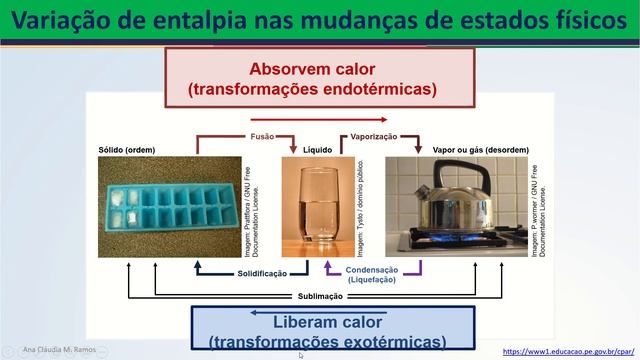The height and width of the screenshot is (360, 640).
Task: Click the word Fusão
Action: pyautogui.click(x=262, y=136)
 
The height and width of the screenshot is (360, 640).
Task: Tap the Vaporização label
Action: pyautogui.click(x=374, y=136)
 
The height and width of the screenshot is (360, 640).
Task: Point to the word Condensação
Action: pyautogui.click(x=372, y=270)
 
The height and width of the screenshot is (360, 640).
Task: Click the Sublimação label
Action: pyautogui.click(x=322, y=296)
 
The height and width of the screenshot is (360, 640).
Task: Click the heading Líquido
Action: pyautogui.click(x=304, y=150)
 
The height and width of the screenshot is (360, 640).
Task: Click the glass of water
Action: pyautogui.click(x=305, y=210)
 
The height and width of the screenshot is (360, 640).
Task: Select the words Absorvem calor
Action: pyautogui.click(x=313, y=71)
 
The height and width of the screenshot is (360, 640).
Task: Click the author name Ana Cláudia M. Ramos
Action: pyautogui.click(x=66, y=351)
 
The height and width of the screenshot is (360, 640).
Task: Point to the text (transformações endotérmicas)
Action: pyautogui.click(x=313, y=89)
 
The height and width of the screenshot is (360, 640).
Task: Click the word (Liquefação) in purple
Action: pyautogui.click(x=372, y=280)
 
